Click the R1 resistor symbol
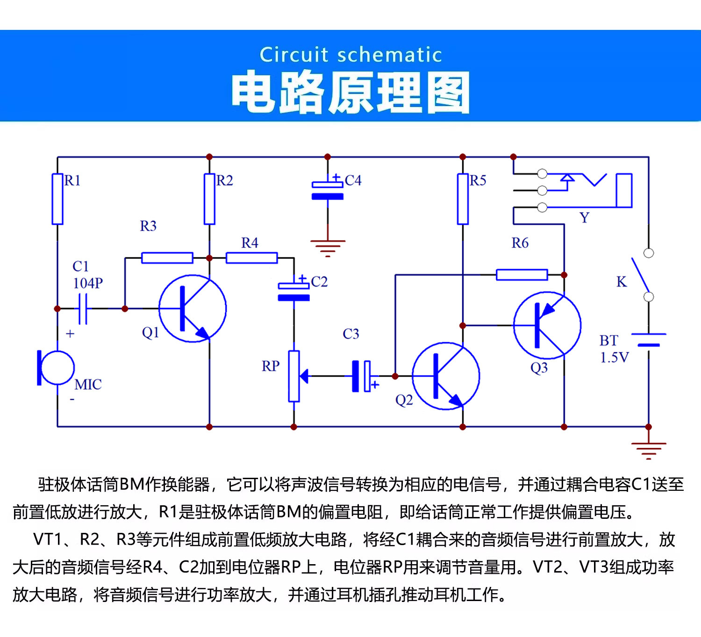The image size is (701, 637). [x=57, y=199]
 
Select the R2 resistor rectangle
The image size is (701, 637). [x=209, y=199]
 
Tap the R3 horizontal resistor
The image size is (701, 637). [x=167, y=258]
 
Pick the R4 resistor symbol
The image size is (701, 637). [x=251, y=258]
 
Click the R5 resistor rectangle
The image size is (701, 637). [x=463, y=199]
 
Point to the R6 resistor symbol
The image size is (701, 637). [x=522, y=275]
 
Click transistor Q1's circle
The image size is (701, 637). [x=193, y=309]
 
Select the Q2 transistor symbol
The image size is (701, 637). [x=446, y=376]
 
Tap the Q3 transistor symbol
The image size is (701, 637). [x=547, y=326]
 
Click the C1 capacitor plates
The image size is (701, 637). [x=83, y=309]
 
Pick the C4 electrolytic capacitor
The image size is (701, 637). [x=328, y=191]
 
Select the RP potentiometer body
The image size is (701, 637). [x=293, y=376]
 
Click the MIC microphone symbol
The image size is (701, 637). [x=56, y=368]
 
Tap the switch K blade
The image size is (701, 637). [x=640, y=275]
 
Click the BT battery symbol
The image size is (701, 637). [x=649, y=340]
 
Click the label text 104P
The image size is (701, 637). [x=88, y=283]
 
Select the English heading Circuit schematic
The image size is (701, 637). [x=350, y=55]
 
